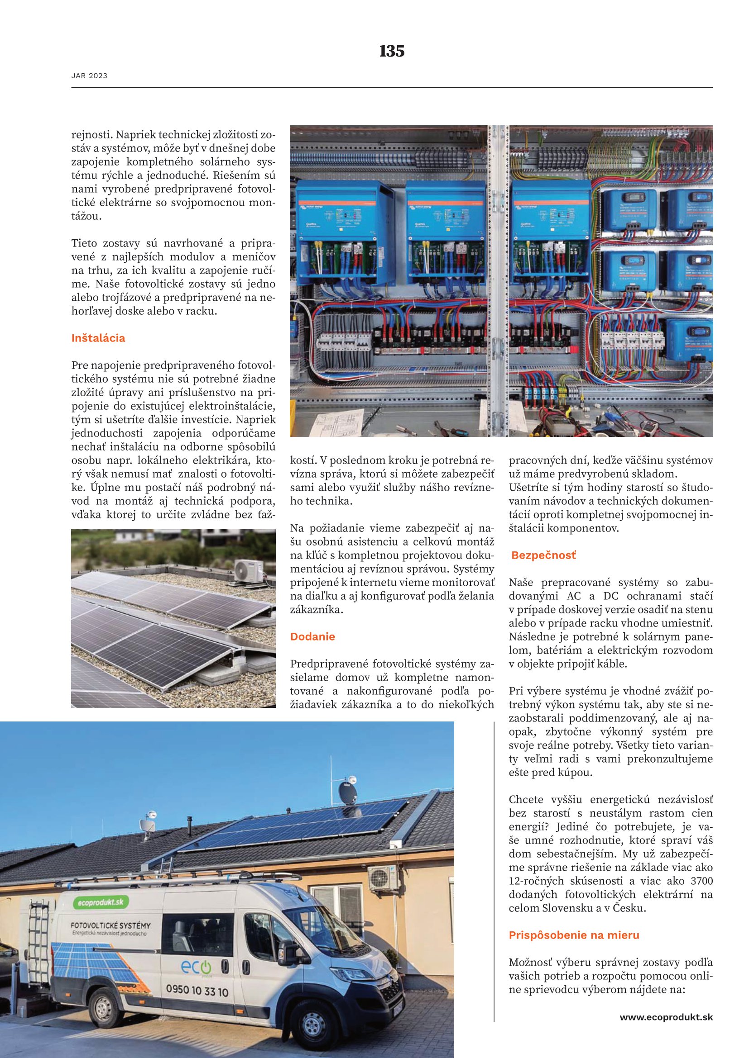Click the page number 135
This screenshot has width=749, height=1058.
tap(392, 51)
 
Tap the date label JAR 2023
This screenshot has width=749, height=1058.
tap(89, 76)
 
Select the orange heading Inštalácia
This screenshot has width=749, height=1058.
tap(98, 338)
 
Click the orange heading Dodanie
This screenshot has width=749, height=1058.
tap(312, 637)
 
